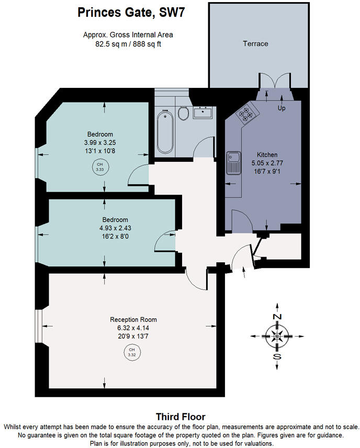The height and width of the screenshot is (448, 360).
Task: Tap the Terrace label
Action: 255,43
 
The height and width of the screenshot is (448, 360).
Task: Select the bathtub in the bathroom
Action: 165,130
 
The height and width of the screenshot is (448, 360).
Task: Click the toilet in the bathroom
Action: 183,113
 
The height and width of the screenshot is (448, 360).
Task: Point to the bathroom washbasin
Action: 203,112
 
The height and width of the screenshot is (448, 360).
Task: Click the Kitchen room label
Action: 267,155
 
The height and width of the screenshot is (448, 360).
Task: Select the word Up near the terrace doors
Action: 281,108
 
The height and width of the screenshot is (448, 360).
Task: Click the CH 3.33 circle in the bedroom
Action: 99,167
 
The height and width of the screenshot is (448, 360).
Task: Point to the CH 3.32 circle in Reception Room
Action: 132,352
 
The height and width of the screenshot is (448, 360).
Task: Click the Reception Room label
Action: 133,319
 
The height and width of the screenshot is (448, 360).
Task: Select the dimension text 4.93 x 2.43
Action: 115,228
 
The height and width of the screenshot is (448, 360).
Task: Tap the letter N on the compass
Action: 277,317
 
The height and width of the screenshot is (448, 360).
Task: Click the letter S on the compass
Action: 277,357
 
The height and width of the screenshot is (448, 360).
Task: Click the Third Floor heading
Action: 180,417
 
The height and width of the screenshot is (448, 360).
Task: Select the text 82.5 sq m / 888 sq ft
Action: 128,44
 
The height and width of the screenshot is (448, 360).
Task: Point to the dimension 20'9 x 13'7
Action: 133,336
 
